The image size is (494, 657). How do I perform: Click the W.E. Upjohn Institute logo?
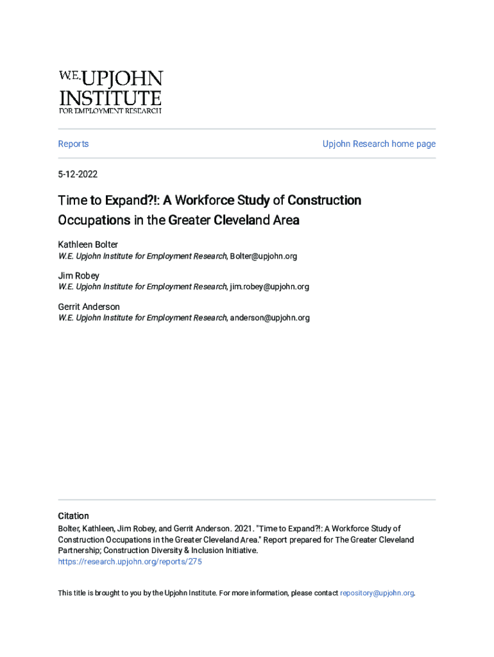point(110,92)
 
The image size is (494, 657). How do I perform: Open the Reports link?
point(73,144)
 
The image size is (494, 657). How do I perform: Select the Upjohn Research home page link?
point(379,144)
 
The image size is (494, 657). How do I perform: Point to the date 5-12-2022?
point(78,174)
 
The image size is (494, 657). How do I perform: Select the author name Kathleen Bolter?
point(88,244)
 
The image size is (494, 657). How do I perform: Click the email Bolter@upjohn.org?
point(263,256)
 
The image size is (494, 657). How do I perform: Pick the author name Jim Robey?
point(79,275)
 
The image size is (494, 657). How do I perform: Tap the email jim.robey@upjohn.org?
point(269,287)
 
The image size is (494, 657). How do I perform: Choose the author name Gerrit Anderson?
point(89,307)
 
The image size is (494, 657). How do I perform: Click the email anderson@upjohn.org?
point(269,318)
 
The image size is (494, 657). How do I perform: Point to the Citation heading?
point(73,516)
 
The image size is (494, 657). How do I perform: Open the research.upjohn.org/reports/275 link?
point(130,561)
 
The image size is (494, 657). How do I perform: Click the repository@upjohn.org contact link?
point(377,593)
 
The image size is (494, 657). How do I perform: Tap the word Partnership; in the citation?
point(79,550)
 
